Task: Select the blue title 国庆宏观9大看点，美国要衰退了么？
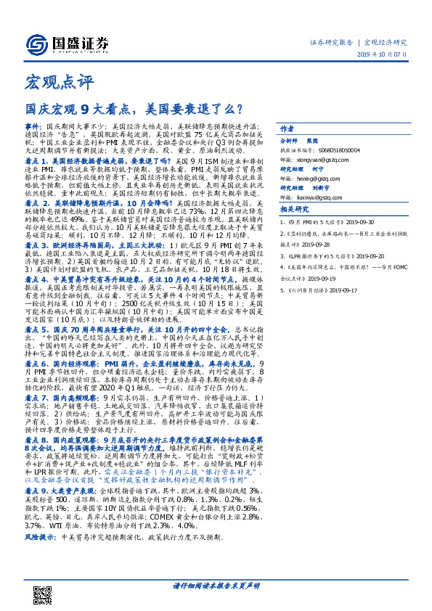pyautogui.click(x=134, y=110)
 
